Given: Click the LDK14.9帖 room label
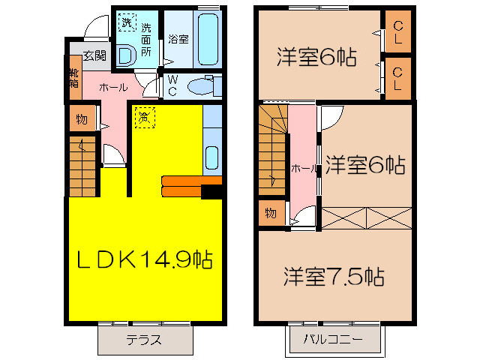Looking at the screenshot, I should (x=145, y=259).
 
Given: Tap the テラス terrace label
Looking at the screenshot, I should (x=143, y=339).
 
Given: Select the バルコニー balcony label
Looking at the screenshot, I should (x=333, y=339).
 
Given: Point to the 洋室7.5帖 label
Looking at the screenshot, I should (x=334, y=277).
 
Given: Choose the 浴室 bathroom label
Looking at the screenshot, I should (x=178, y=37).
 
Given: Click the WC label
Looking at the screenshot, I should (x=172, y=85).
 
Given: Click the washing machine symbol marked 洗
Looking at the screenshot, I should (x=125, y=22).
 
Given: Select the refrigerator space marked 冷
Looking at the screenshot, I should (x=144, y=116).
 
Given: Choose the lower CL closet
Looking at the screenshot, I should (x=397, y=78).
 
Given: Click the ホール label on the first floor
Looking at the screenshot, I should (x=112, y=88).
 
